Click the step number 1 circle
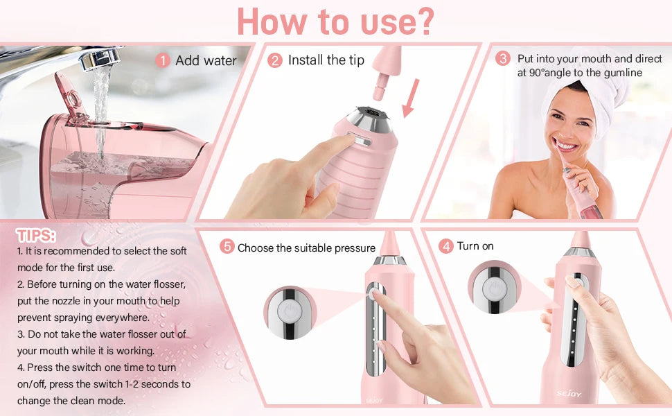[163, 61]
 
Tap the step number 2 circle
[275, 61]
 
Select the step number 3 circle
[503, 59]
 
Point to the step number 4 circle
[446, 246]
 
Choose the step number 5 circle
[227, 247]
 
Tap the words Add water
[206, 61]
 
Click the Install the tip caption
[326, 60]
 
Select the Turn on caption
[475, 246]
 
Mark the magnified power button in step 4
[493, 291]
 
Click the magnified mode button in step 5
[290, 312]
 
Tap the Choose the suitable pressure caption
[306, 248]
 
